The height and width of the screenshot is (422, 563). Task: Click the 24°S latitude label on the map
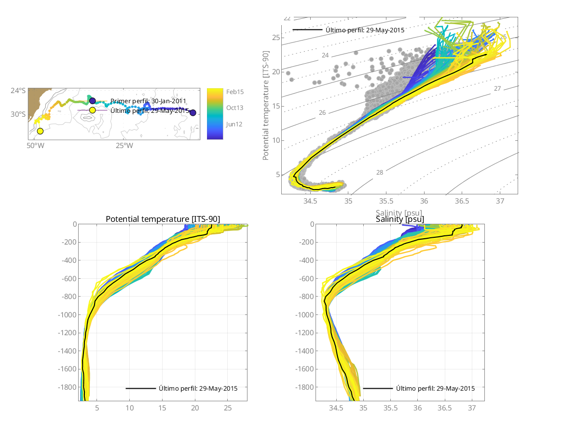click(x=18, y=90)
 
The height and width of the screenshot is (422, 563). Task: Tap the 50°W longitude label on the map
click(x=32, y=145)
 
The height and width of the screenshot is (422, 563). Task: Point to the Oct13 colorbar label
click(x=234, y=108)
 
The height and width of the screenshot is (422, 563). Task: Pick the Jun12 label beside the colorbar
click(x=234, y=124)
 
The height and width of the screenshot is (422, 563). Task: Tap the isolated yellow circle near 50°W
click(x=40, y=131)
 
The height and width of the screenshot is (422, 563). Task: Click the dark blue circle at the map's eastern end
click(x=193, y=113)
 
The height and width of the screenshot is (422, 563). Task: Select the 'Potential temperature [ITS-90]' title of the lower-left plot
click(x=163, y=219)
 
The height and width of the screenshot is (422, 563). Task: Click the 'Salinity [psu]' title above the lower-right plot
click(x=400, y=219)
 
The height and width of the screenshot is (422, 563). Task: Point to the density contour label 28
click(x=380, y=172)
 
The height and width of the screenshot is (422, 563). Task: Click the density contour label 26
click(x=322, y=112)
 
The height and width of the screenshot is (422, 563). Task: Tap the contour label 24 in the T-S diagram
click(x=325, y=55)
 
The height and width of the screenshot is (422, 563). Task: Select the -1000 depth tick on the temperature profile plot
click(x=67, y=315)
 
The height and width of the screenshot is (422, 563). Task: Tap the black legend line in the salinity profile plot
click(x=377, y=388)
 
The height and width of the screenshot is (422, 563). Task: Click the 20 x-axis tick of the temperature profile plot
click(x=195, y=408)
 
